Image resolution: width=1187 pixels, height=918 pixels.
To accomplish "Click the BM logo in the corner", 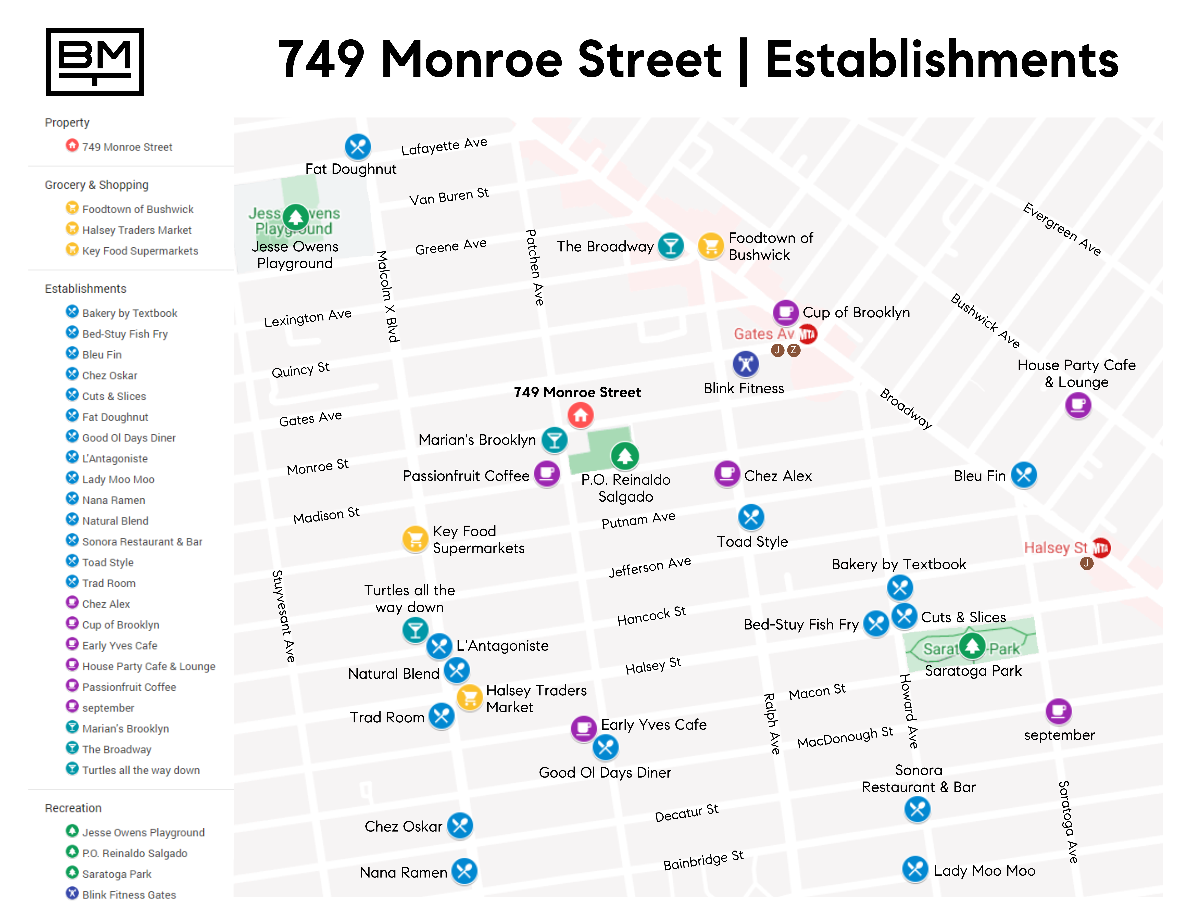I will coord(95,62).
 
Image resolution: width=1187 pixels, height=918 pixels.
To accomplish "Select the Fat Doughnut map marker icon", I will coord(358,147).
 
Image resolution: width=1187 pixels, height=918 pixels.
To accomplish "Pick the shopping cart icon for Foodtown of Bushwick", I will coord(710,246).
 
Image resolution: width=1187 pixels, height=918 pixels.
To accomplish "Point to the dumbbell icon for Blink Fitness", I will coord(746,364).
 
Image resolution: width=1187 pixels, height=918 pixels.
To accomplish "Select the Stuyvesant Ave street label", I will coord(284,616).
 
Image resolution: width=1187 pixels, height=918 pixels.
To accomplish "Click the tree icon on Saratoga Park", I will coord(972,646).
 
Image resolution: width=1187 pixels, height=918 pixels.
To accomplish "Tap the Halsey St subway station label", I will coord(1055,548).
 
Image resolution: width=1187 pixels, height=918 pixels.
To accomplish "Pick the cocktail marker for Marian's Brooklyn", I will coord(554,440).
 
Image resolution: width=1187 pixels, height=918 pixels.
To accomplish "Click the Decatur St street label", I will coord(686,813).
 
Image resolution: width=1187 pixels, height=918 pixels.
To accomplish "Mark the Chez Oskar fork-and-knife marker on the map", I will coord(460,826).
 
